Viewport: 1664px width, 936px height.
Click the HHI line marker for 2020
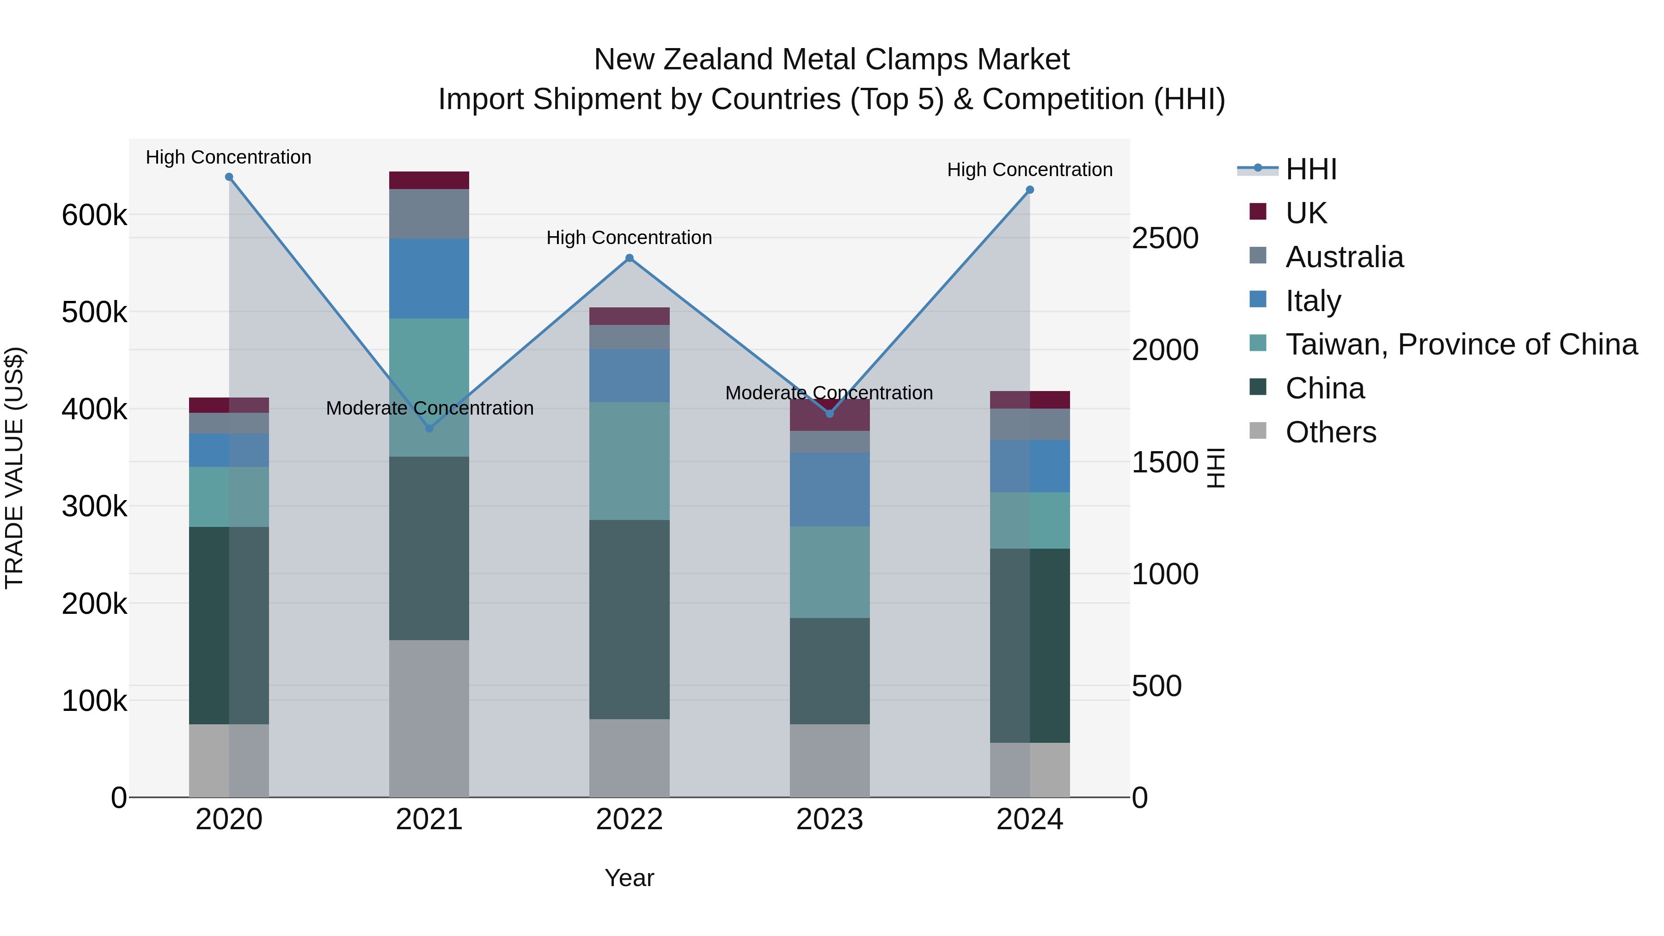(x=229, y=177)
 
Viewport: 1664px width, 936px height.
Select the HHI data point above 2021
(x=429, y=428)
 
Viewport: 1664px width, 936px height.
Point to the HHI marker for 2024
(x=1030, y=190)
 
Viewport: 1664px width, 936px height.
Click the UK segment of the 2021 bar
(x=429, y=180)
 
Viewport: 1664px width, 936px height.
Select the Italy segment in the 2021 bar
(x=429, y=278)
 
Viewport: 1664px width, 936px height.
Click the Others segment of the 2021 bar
(x=429, y=718)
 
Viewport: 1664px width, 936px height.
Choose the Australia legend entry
(x=1344, y=257)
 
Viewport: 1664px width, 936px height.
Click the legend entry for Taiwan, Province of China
(x=1461, y=344)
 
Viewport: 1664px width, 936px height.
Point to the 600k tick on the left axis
(x=94, y=215)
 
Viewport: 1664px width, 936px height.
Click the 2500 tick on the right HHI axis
(x=1165, y=239)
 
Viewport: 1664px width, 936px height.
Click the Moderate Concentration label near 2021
(x=429, y=408)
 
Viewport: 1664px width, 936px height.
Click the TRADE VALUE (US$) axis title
(x=14, y=468)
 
